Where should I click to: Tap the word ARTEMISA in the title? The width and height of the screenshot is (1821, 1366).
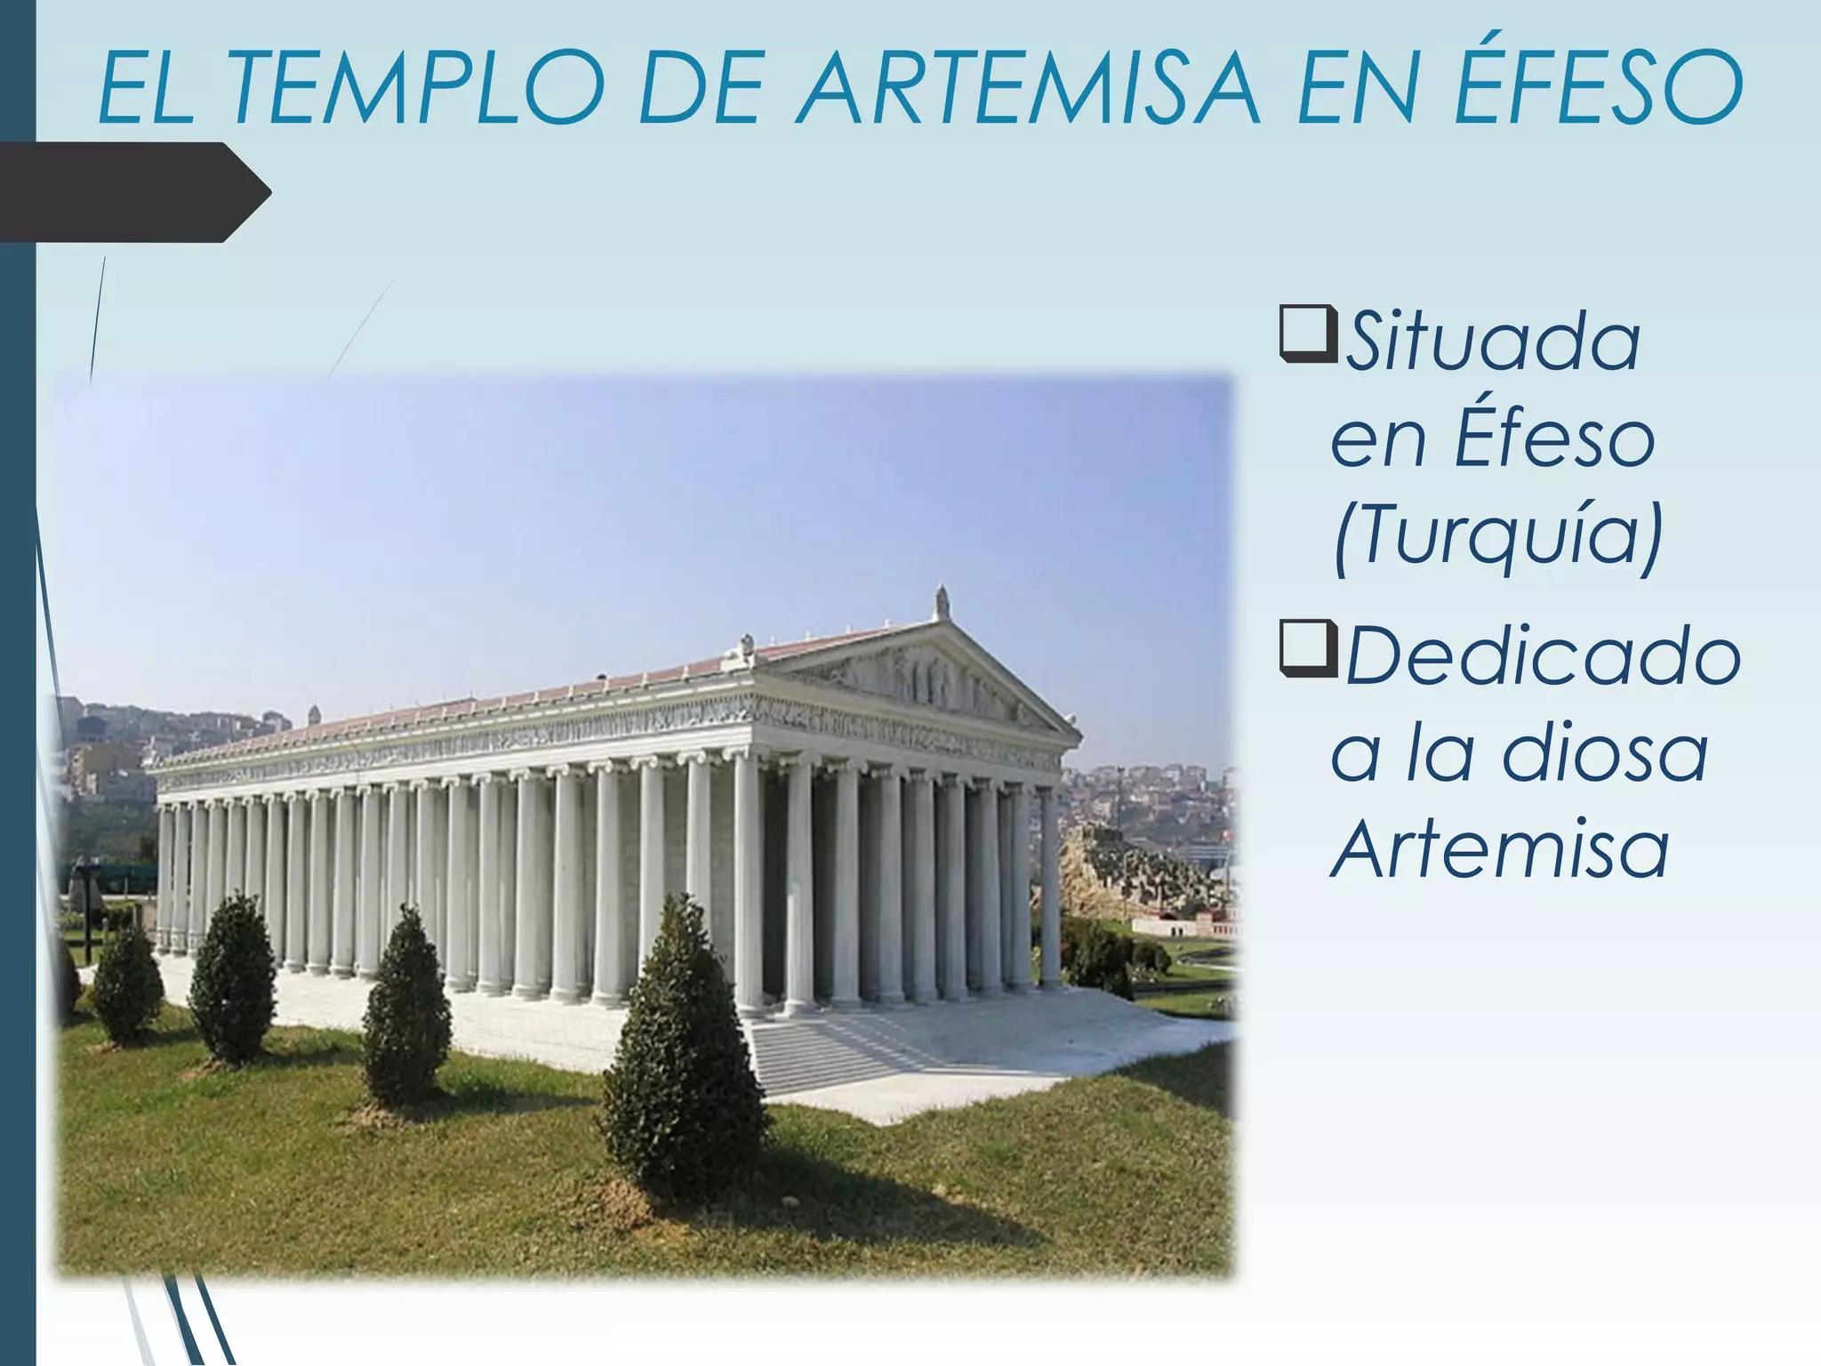tap(1028, 89)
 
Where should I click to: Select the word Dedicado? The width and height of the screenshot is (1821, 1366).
tap(1542, 658)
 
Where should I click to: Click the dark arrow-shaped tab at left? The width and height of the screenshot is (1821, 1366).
tap(133, 192)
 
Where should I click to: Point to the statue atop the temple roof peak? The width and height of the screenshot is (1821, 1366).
tap(941, 604)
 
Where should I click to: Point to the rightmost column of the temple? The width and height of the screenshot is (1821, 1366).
tap(1050, 889)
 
